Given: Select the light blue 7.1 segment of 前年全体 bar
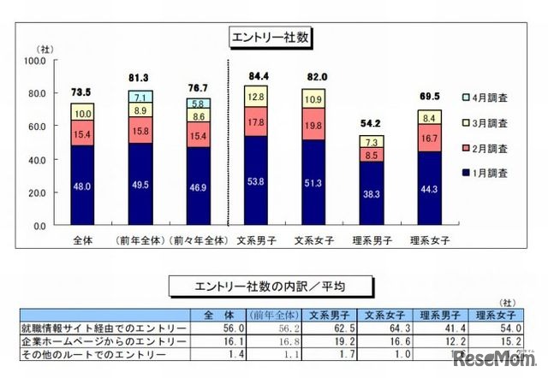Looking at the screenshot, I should click(x=142, y=97).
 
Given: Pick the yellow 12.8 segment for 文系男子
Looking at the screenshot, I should click(x=255, y=98).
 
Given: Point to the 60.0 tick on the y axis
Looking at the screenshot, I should click(x=35, y=127).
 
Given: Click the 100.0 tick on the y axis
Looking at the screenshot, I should click(x=35, y=61).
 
